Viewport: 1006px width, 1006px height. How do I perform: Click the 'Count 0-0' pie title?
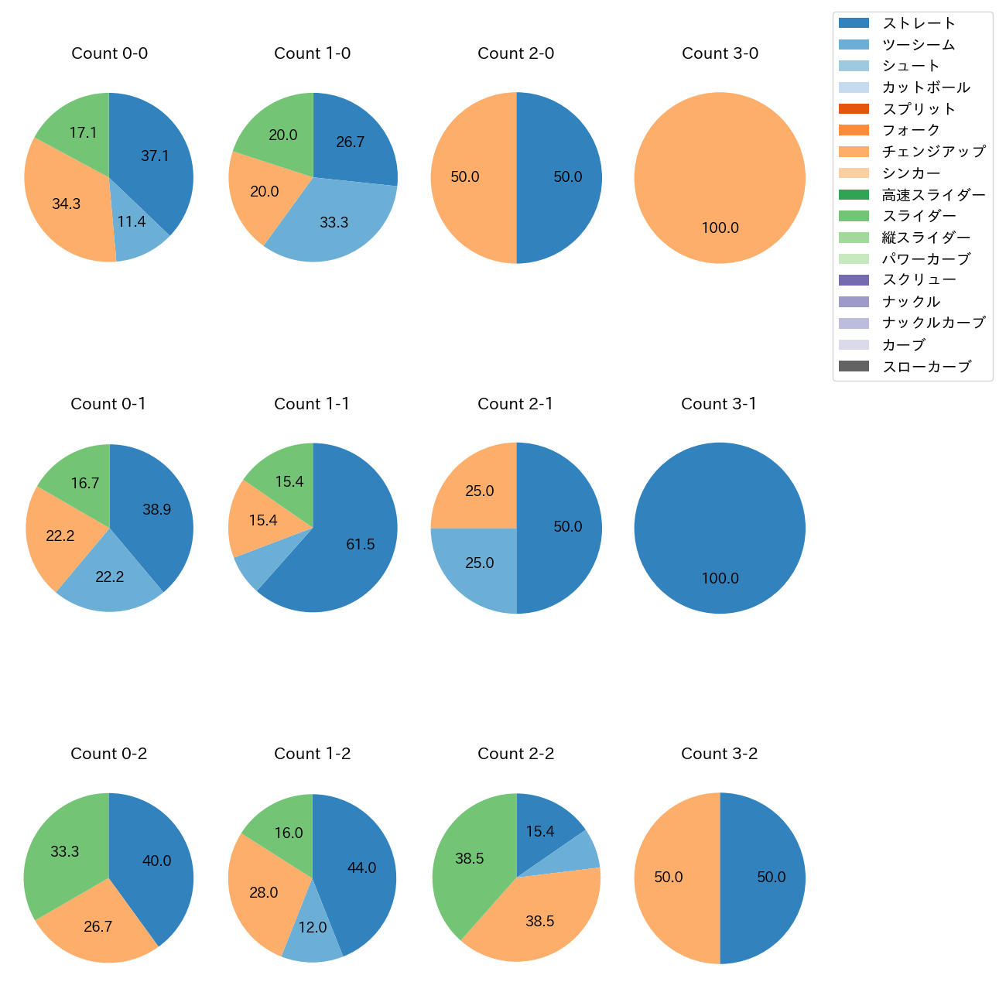pyautogui.click(x=109, y=53)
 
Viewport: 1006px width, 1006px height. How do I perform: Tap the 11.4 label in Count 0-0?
pyautogui.click(x=132, y=222)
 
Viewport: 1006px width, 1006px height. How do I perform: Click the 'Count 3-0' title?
pyautogui.click(x=720, y=53)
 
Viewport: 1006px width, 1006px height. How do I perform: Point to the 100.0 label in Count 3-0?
pyautogui.click(x=720, y=228)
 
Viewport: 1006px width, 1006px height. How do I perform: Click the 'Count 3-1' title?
pyautogui.click(x=719, y=404)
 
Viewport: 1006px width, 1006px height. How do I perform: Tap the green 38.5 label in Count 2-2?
pyautogui.click(x=470, y=859)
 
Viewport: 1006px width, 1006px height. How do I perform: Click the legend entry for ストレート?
pyautogui.click(x=919, y=23)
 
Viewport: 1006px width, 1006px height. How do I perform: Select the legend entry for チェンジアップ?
pyautogui.click(x=933, y=152)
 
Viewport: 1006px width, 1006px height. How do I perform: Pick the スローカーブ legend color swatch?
pyautogui.click(x=854, y=366)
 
